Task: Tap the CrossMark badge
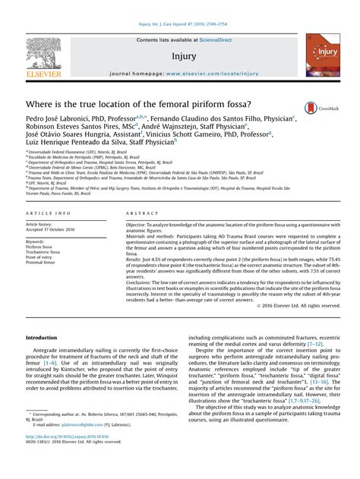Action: tap(314, 109)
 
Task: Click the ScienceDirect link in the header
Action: tap(204, 40)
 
